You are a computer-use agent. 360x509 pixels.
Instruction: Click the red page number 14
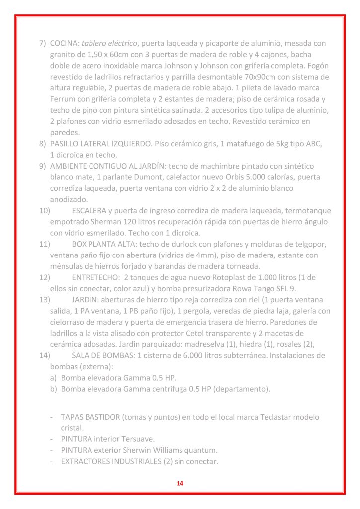180,483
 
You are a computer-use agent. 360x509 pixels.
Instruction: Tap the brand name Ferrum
62,99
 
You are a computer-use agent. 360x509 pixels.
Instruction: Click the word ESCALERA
89,210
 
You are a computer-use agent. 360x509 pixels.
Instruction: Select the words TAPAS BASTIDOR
90,417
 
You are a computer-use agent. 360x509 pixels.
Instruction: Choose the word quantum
202,450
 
